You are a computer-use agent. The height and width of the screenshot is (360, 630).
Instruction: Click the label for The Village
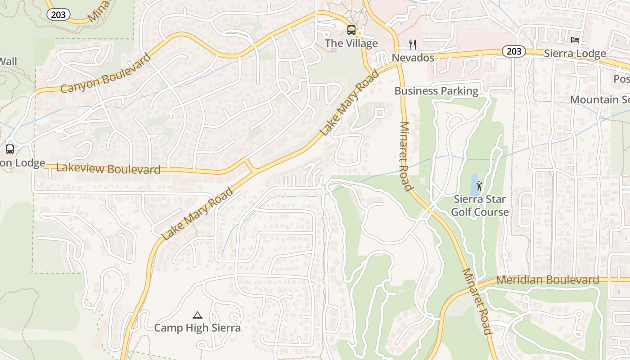click(351, 44)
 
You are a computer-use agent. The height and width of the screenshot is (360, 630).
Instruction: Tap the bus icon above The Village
click(351, 30)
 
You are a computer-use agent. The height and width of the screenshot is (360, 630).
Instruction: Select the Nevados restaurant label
click(413, 58)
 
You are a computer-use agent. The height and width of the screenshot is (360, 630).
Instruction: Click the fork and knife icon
click(413, 44)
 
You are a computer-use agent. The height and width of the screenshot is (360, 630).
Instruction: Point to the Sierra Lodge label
click(575, 54)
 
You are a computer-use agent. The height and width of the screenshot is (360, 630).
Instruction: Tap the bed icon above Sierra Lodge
click(575, 40)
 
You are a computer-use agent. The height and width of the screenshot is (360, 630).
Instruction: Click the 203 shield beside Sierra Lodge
click(513, 51)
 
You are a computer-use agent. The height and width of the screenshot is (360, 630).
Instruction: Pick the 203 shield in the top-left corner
click(58, 14)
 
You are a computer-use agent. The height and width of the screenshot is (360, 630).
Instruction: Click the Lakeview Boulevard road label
click(108, 169)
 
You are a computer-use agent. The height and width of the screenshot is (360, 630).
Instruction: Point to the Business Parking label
click(436, 91)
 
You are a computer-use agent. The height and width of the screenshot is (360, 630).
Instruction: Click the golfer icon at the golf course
click(480, 186)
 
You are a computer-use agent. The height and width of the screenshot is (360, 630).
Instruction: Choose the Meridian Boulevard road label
click(548, 280)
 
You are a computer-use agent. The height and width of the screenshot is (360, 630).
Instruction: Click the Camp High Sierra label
click(197, 328)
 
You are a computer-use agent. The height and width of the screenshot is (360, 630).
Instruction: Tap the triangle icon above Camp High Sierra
click(197, 315)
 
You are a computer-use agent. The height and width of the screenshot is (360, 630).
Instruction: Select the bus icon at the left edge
click(9, 149)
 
